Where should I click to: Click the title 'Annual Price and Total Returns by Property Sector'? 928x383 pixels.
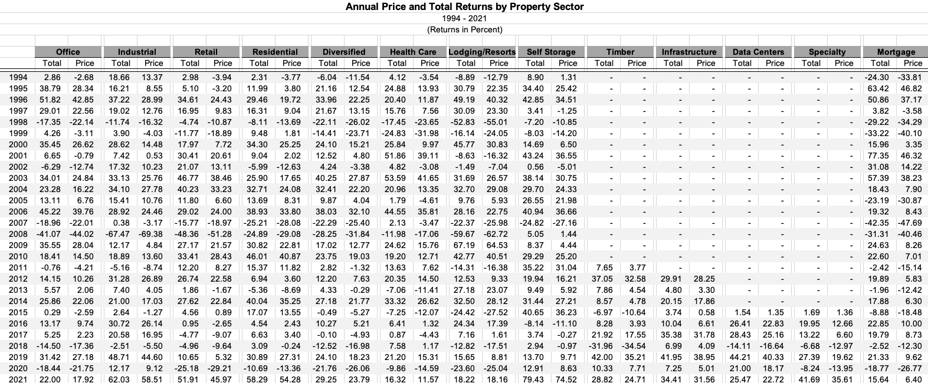[464, 7]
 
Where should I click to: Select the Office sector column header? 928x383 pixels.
[68, 52]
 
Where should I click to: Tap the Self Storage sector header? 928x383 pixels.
[550, 52]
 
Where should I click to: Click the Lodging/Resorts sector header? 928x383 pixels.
[482, 52]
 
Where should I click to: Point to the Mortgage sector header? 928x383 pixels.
[896, 52]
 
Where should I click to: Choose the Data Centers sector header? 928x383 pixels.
[758, 52]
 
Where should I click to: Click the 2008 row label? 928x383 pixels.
[18, 234]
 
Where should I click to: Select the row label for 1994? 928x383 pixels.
[18, 77]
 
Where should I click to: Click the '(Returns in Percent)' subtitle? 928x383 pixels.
[464, 29]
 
